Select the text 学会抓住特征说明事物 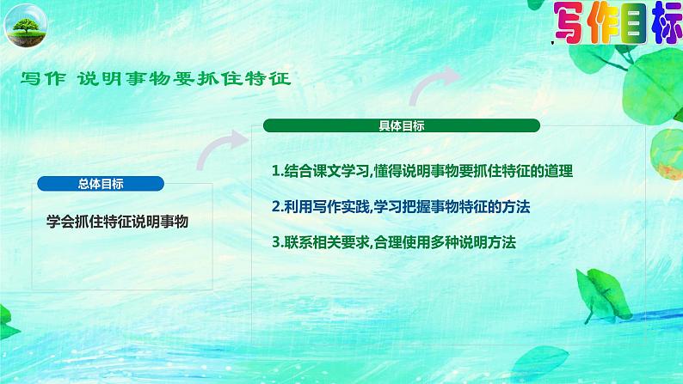click(x=117, y=221)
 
